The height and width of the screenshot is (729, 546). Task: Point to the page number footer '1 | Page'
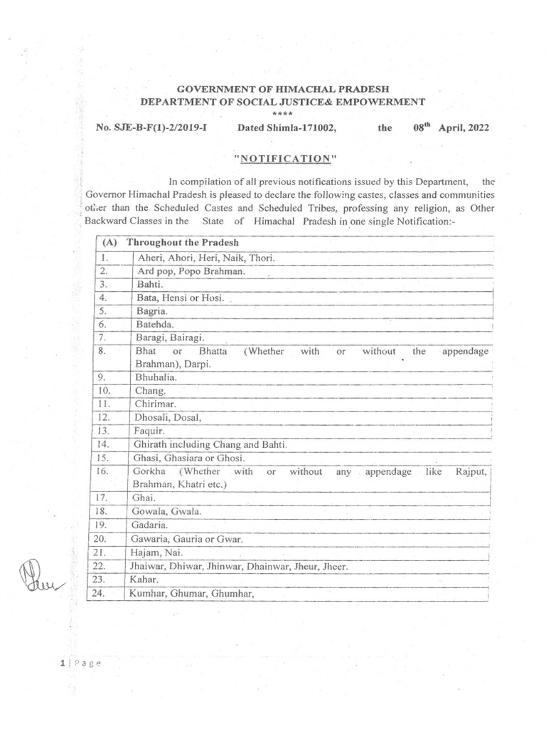tap(81, 663)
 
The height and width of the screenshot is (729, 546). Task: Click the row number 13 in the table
tap(104, 431)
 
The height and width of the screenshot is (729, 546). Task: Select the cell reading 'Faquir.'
tap(149, 431)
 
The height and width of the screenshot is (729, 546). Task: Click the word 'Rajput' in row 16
tap(468, 471)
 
